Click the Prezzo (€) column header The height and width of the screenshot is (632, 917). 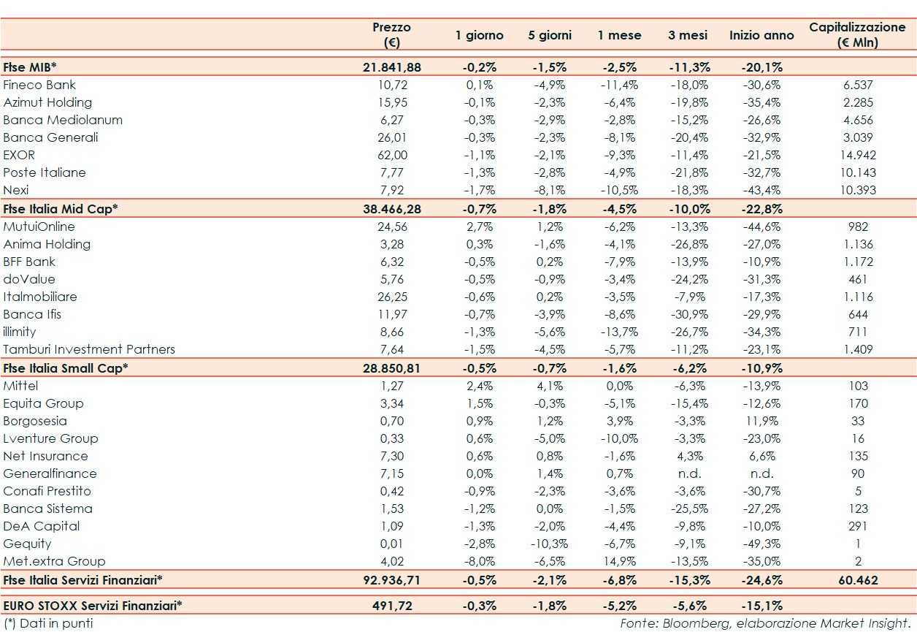click(x=392, y=34)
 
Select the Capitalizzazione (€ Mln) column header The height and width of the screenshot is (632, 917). click(x=857, y=34)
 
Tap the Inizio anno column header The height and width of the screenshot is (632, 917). click(x=761, y=35)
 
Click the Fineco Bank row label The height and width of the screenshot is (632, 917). click(x=39, y=85)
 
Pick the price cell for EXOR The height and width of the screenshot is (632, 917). click(x=392, y=155)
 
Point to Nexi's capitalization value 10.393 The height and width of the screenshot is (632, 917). click(x=858, y=190)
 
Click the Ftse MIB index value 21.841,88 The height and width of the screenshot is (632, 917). click(x=392, y=67)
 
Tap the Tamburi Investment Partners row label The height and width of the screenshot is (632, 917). click(x=89, y=349)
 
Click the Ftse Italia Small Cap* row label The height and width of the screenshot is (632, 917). click(x=66, y=368)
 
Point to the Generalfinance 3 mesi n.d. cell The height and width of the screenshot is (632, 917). click(x=688, y=473)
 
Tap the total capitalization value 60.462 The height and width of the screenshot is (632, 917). click(x=858, y=580)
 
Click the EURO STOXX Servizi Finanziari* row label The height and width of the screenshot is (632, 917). click(x=93, y=605)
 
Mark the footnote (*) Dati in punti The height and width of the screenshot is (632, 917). click(x=48, y=623)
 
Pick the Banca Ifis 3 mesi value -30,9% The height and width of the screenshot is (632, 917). click(x=688, y=314)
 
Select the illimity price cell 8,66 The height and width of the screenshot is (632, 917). click(x=392, y=332)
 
